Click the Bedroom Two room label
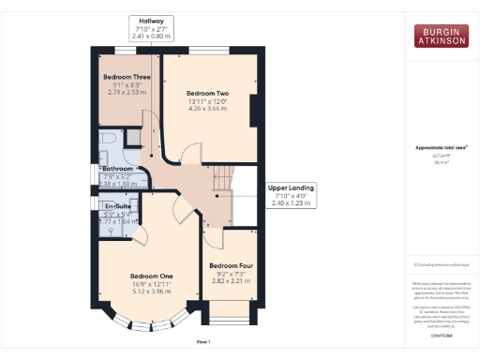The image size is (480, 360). coord(207,94)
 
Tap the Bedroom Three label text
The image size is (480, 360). coord(127,77)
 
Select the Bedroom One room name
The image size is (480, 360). coord(152,276)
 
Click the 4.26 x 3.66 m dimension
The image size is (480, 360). coord(207,110)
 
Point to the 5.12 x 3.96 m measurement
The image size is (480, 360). coord(152,292)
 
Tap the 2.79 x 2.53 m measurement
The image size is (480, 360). coord(127,93)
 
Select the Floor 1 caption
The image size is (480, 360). coord(202,341)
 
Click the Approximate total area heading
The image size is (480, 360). coord(440,148)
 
